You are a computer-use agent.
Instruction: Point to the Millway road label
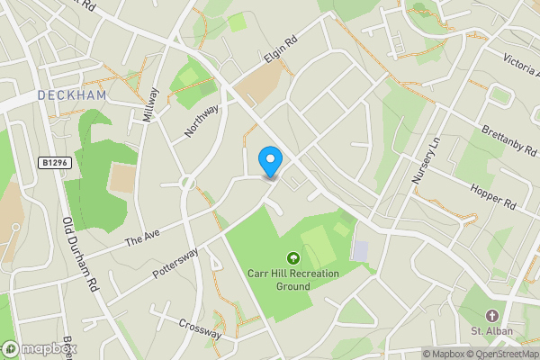(x=150, y=106)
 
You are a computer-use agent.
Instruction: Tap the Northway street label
(x=202, y=121)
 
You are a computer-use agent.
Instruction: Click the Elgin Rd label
(x=280, y=52)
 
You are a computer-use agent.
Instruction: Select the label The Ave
(x=141, y=238)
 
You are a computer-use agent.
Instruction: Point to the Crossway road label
(x=199, y=329)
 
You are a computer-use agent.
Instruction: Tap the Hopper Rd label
(x=493, y=197)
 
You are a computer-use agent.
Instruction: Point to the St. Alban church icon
(x=492, y=316)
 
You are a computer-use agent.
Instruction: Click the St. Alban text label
(x=492, y=331)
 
